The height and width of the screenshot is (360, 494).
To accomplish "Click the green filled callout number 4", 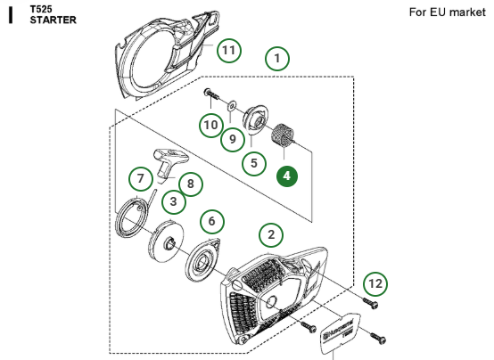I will pos(286,176).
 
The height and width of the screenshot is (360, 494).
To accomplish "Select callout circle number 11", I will pos(230,51).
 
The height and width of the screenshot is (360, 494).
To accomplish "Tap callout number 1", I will pos(277,60).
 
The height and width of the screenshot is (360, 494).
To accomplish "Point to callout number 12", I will pos(376,283).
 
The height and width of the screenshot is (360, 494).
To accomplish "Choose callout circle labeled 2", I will pos(271,235).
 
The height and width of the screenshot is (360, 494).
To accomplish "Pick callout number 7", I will pos(139,179).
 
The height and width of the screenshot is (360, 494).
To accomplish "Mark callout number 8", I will pos(189,184).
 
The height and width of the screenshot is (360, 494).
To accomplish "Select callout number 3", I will pos(173,202).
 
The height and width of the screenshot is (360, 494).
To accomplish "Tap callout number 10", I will pos(210,124).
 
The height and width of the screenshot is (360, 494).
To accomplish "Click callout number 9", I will pos(233,138).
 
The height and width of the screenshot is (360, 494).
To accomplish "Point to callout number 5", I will pos(254,163).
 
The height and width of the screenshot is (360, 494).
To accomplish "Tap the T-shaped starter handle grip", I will pos(168,161).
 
